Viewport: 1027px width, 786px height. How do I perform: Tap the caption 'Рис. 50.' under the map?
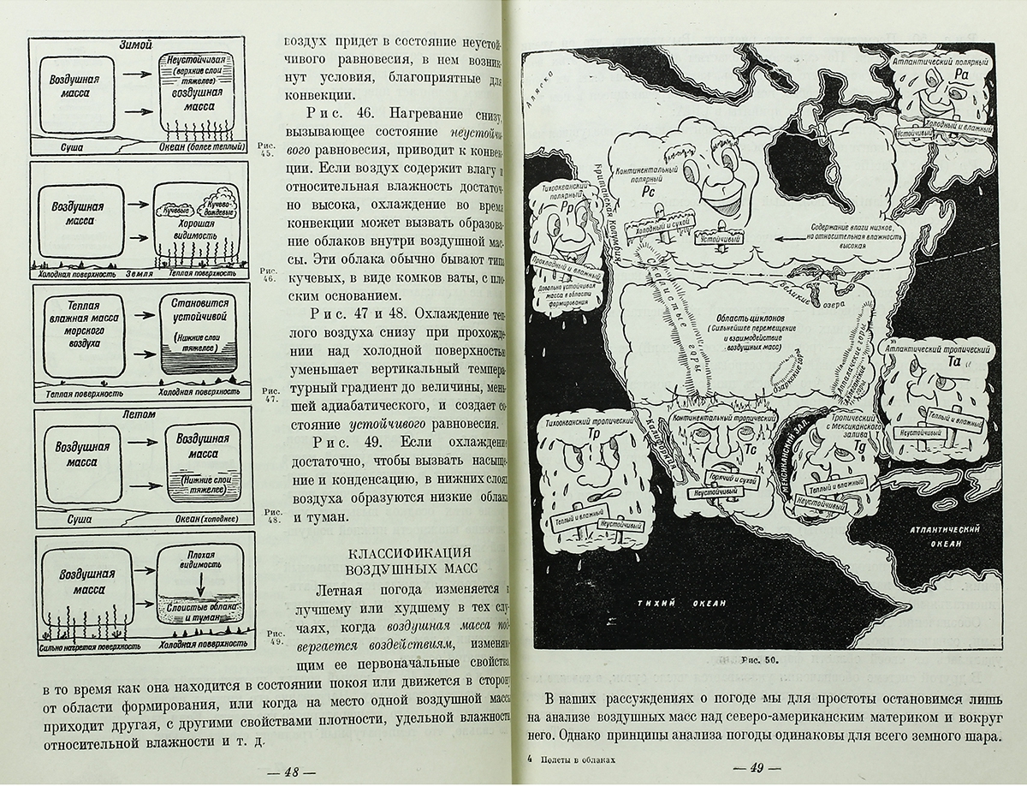click(757, 659)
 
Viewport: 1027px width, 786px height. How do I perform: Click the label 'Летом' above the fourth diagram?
click(139, 414)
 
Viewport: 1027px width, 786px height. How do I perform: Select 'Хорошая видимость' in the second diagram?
click(191, 228)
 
